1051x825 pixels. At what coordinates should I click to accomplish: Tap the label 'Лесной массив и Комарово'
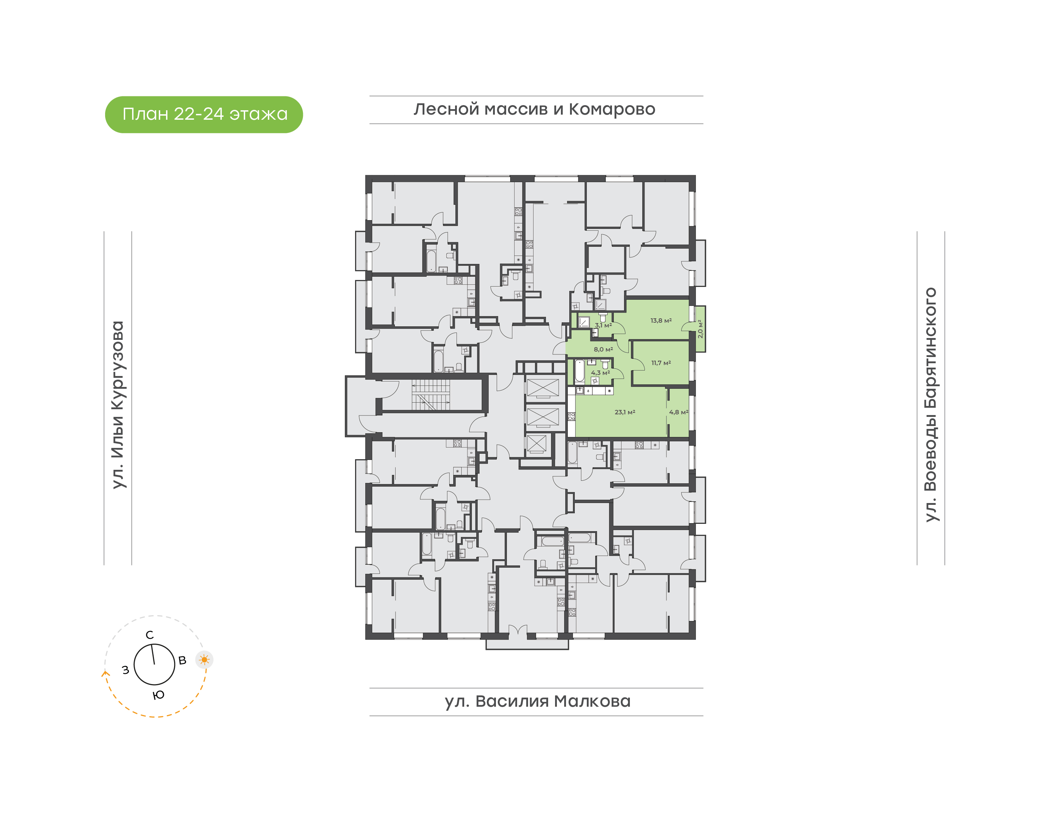[534, 110]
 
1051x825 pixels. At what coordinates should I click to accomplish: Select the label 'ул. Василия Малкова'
[537, 701]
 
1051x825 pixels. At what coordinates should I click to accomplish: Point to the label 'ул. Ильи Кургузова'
[118, 405]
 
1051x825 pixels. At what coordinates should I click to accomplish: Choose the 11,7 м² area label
[661, 363]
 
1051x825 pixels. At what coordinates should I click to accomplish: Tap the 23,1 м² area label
[625, 412]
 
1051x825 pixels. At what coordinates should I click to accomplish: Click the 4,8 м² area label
[678, 412]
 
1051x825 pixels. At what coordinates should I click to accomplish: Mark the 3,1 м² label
[603, 326]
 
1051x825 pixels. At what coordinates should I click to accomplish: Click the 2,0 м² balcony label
[700, 329]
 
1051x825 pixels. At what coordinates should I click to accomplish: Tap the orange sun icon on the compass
[204, 660]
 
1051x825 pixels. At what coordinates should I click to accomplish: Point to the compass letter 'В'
[182, 661]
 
